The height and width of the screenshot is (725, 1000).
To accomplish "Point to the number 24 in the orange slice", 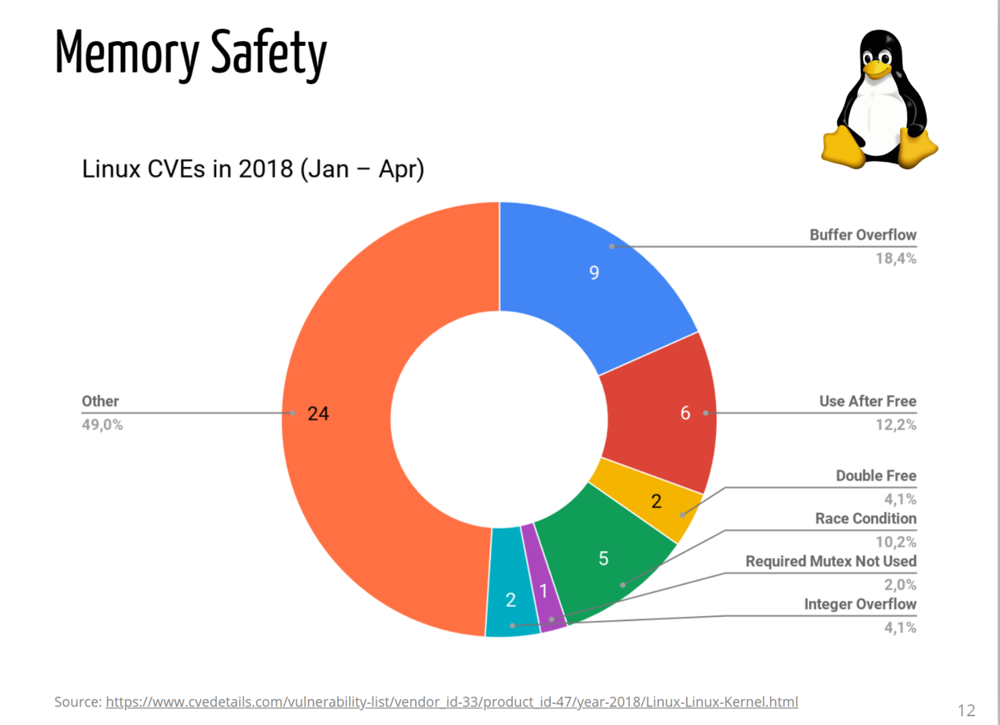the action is [x=319, y=414].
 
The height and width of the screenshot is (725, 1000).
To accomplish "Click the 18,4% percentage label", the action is [x=896, y=259].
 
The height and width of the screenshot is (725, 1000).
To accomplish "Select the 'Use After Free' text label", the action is [x=868, y=401].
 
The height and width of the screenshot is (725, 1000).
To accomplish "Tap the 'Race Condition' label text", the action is [x=866, y=519].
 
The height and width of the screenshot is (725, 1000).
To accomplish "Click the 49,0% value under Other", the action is [x=102, y=424].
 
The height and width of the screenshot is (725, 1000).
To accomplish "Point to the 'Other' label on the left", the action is [x=101, y=401].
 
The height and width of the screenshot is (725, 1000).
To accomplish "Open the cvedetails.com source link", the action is [x=452, y=702].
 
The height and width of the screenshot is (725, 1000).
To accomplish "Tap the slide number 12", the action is [x=966, y=710].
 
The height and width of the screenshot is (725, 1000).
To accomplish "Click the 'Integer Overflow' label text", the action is [x=860, y=604].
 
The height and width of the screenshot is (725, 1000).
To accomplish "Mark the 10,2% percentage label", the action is [x=896, y=542].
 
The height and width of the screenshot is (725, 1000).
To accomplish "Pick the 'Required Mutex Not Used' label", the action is [x=831, y=561].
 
